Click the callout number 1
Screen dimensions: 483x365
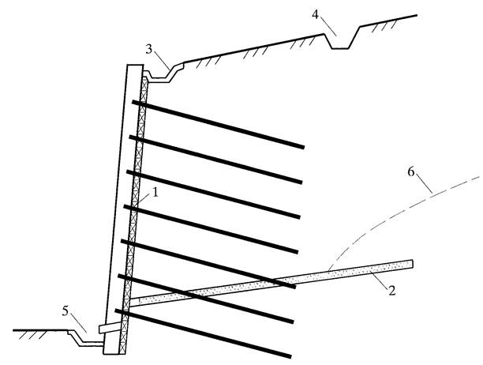[155, 193]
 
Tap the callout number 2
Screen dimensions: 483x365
[391, 291]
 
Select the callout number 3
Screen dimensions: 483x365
[149, 49]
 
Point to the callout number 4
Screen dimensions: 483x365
[315, 14]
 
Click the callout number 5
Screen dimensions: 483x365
[65, 311]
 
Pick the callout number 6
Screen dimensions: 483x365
[411, 172]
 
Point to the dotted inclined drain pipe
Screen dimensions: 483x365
[271, 282]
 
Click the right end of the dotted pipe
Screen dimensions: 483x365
[413, 264]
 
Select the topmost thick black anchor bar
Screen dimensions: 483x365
[219, 124]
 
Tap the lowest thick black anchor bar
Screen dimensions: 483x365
[203, 333]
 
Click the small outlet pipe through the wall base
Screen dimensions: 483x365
[110, 328]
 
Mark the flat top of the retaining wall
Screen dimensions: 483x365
[135, 65]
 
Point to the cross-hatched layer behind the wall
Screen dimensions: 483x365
[134, 213]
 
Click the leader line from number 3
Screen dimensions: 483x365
[161, 60]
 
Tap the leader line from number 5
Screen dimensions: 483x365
[79, 323]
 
